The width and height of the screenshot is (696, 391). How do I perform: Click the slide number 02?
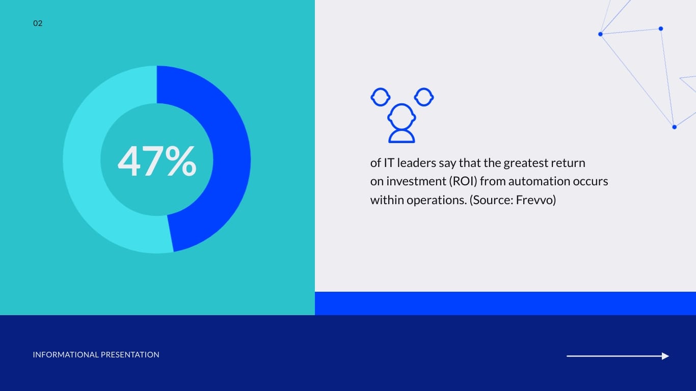(38, 23)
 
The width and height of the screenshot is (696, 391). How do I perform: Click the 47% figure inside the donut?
(157, 161)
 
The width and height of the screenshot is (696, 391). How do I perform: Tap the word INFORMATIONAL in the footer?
(65, 355)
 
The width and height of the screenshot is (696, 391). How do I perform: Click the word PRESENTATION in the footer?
(130, 355)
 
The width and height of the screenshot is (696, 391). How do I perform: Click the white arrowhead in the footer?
(665, 356)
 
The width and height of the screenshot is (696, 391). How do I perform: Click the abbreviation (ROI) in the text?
(463, 181)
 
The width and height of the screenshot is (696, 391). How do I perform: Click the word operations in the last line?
(437, 200)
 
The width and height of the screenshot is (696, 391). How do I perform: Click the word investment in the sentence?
(416, 181)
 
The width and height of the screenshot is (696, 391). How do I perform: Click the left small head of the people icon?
(380, 97)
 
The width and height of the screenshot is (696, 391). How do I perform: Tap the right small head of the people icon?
(424, 97)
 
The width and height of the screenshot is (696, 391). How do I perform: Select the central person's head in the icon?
(401, 117)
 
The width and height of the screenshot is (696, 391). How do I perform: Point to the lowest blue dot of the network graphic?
(674, 127)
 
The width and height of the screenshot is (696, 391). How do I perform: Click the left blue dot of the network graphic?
(600, 34)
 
